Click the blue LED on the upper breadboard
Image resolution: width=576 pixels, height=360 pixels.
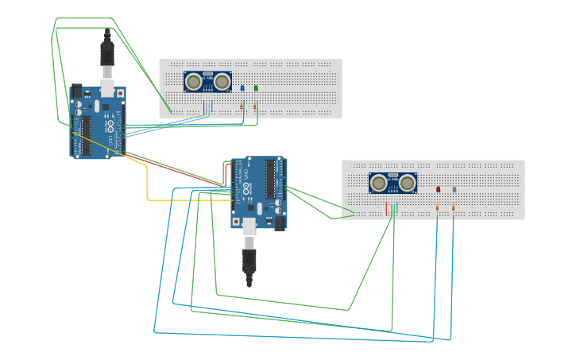pos(242,88)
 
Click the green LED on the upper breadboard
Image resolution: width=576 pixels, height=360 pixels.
pos(255,88)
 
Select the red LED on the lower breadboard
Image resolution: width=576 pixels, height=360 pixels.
pos(438,189)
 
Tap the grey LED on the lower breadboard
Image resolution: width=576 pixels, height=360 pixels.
pos(454,189)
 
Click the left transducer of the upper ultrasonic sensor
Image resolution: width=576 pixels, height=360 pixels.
pos(193,81)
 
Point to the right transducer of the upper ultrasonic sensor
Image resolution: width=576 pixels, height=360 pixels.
pos(222,81)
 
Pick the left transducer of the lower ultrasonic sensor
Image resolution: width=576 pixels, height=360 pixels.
pos(379,183)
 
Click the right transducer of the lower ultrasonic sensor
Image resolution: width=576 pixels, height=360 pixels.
pos(407,183)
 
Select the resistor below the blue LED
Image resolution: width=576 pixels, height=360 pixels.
pos(242,106)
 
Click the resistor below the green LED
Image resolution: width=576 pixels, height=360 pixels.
pos(255,106)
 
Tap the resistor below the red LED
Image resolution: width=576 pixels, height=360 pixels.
pos(437,207)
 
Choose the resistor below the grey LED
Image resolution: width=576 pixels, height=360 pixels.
pos(453,207)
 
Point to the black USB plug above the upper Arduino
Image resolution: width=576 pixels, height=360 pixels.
pos(107,53)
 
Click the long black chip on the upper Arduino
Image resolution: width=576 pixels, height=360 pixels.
pos(85,134)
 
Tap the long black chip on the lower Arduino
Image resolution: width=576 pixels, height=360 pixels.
pos(270,178)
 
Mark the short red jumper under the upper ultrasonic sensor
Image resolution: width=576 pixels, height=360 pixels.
pos(204,107)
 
